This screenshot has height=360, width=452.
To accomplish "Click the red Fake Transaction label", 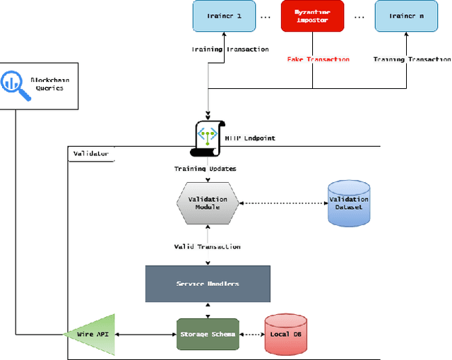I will tap(318, 59).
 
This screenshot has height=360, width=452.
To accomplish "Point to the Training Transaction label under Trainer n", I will tap(408, 59).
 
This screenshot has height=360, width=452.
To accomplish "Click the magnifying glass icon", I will tap(15, 83).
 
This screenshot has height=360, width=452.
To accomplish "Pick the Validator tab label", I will tap(91, 153).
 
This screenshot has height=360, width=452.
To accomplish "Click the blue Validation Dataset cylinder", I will tap(349, 203).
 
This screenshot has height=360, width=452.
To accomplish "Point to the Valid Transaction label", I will tap(207, 246).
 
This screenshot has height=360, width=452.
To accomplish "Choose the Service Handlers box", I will tap(208, 284).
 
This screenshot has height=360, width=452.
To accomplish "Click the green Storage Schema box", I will tap(207, 333).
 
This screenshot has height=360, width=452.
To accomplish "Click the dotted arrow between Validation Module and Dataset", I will tap(282, 203).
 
